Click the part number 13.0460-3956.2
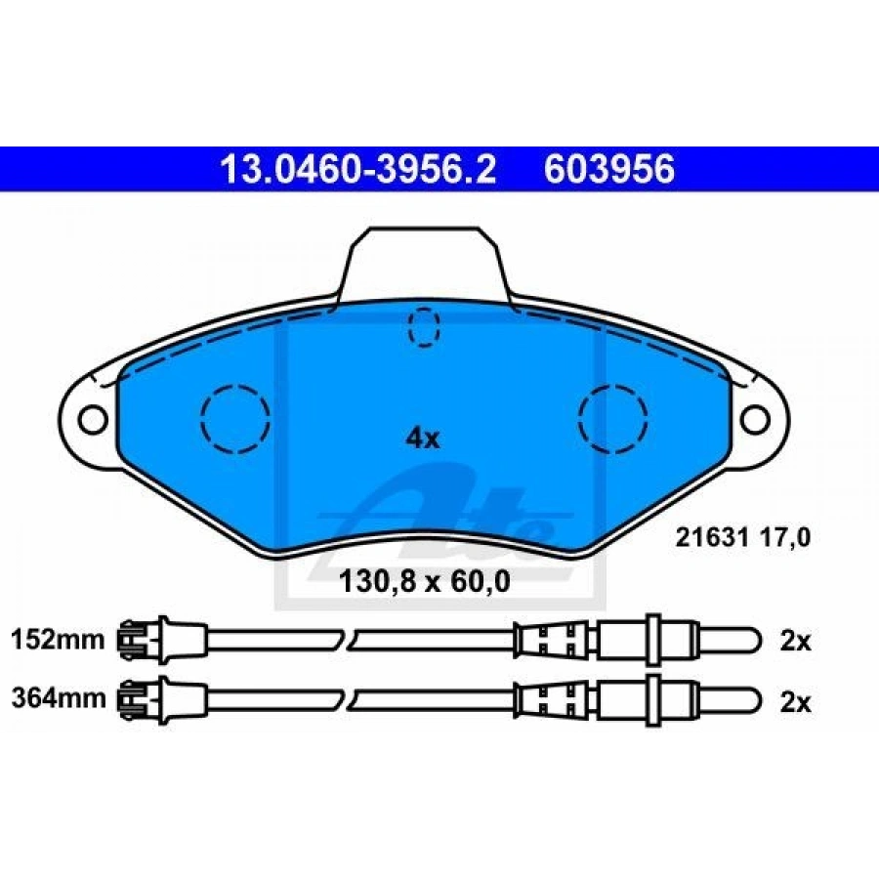pyautogui.click(x=358, y=170)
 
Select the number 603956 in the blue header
pyautogui.click(x=609, y=170)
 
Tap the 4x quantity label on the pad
pyautogui.click(x=423, y=438)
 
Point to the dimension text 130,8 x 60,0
pyautogui.click(x=425, y=582)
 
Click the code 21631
pyautogui.click(x=712, y=537)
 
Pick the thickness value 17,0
pyautogui.click(x=785, y=538)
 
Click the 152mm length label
pyautogui.click(x=59, y=640)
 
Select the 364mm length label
pyautogui.click(x=59, y=698)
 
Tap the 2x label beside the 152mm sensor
pyautogui.click(x=795, y=641)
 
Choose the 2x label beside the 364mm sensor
pyautogui.click(x=795, y=702)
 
